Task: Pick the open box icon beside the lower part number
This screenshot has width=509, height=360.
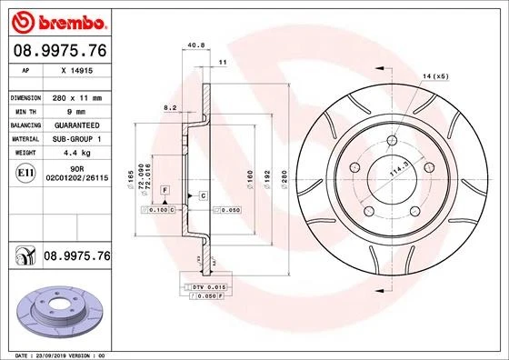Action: click(x=24, y=258)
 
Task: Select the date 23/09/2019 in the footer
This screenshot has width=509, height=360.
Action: click(x=54, y=354)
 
